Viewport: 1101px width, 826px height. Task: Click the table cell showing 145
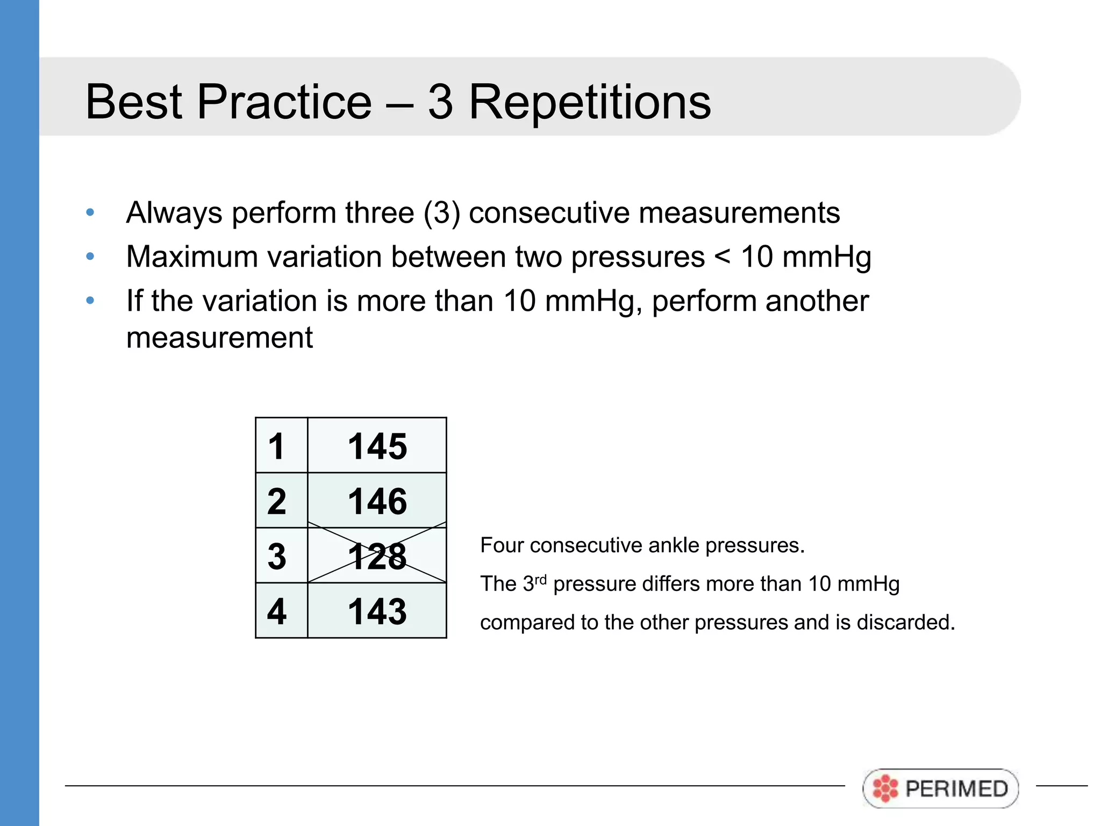pos(377,446)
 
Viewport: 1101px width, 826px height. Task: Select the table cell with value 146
pos(377,501)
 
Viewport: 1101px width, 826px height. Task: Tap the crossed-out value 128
pos(377,556)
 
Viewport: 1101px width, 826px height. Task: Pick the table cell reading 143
pos(377,611)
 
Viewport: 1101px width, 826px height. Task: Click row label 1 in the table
pos(276,446)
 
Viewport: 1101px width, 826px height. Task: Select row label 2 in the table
pos(277,501)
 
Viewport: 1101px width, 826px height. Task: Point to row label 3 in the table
pos(277,556)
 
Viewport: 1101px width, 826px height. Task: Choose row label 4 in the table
pos(277,611)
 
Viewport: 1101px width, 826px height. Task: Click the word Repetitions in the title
pos(590,102)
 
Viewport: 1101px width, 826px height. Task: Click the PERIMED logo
pos(940,788)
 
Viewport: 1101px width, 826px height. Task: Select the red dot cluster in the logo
pos(885,788)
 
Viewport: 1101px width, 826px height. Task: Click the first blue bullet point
pos(90,212)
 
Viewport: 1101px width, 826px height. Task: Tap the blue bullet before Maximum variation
pos(90,257)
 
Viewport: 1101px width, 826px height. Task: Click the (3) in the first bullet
pos(442,213)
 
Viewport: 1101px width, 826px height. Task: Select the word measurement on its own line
pos(219,338)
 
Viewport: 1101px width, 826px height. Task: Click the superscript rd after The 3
pos(540,579)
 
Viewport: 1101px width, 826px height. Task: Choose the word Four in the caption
pos(502,545)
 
